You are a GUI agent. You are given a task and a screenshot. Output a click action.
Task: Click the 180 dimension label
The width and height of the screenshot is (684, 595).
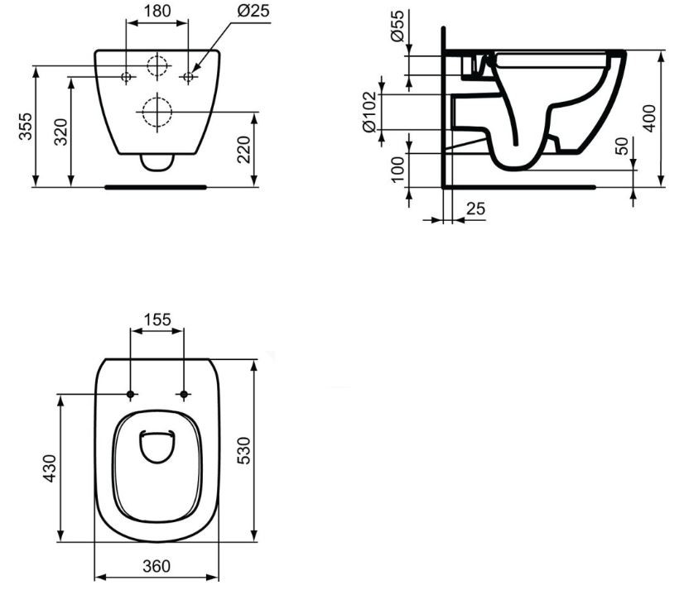pyautogui.click(x=157, y=12)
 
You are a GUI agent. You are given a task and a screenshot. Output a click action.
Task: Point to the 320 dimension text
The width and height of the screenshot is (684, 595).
pyautogui.click(x=61, y=131)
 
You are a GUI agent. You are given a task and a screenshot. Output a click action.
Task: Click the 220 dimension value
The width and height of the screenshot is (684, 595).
pyautogui.click(x=245, y=149)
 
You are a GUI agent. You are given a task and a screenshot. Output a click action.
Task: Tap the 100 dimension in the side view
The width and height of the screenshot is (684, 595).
pyautogui.click(x=397, y=170)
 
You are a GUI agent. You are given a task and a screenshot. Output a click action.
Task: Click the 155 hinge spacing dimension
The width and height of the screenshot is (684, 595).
pyautogui.click(x=157, y=318)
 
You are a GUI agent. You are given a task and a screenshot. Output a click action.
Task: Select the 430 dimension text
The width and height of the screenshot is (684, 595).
pyautogui.click(x=49, y=468)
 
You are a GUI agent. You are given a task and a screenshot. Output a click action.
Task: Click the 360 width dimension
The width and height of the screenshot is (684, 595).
pyautogui.click(x=156, y=567)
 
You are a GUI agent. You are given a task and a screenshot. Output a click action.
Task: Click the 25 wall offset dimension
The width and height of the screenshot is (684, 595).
pyautogui.click(x=474, y=209)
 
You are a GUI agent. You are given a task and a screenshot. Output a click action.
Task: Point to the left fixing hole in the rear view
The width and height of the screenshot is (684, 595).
pyautogui.click(x=126, y=77)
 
